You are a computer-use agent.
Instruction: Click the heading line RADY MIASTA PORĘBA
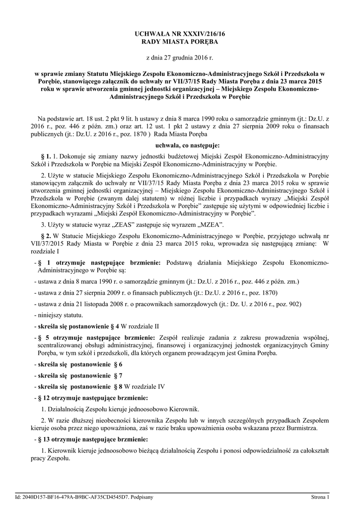180,43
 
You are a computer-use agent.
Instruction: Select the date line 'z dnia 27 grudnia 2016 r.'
180,59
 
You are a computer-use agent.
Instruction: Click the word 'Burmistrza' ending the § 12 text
300,428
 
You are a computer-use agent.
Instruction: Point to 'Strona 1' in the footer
320,497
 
